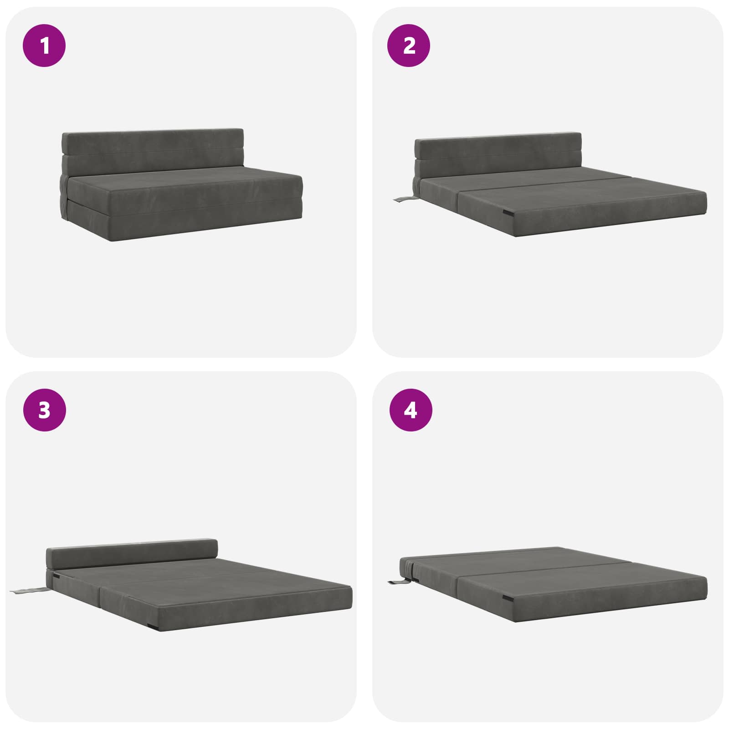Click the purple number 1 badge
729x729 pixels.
coord(44,46)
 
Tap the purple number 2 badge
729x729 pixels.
coord(409,46)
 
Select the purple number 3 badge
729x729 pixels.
coord(44,410)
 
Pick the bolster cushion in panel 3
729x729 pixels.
coord(132,554)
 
